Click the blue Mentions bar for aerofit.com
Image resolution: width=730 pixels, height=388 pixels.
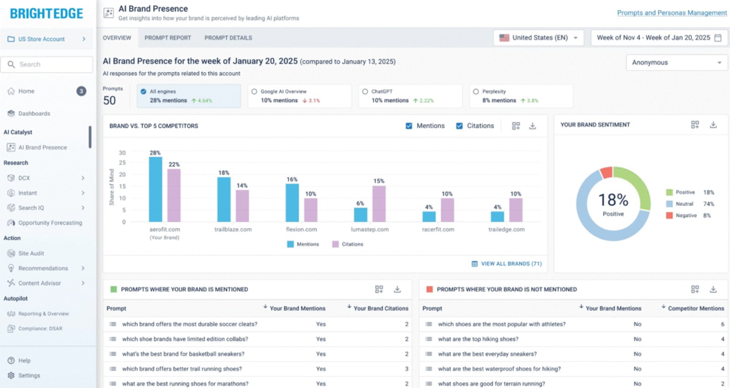tap(156, 189)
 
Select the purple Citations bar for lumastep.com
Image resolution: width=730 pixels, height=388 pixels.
tap(379, 204)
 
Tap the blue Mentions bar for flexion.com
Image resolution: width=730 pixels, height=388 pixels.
tap(292, 203)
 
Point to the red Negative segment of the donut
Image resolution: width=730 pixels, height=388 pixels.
tap(606, 173)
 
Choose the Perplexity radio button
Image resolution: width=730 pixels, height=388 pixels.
tap(476, 92)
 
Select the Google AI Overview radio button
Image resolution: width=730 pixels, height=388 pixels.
tap(254, 92)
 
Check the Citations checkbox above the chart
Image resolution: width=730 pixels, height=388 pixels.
tap(459, 126)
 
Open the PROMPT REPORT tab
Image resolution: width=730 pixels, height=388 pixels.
tap(167, 38)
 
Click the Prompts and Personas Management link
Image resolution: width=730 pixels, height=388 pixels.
tap(672, 13)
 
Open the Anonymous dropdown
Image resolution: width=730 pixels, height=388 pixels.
tap(677, 63)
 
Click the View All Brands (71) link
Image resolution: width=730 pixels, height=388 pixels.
tap(507, 264)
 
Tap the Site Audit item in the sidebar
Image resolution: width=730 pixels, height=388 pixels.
tap(31, 253)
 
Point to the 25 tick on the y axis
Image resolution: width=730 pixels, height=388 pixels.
tap(122, 163)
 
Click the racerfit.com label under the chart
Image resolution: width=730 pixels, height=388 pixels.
tap(438, 230)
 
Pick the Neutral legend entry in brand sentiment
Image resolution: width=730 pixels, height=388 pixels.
tap(684, 204)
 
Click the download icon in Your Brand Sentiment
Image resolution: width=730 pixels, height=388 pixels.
tap(713, 125)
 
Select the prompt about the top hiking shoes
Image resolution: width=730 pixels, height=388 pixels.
tap(478, 339)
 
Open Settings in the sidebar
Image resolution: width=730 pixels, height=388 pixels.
tap(29, 376)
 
